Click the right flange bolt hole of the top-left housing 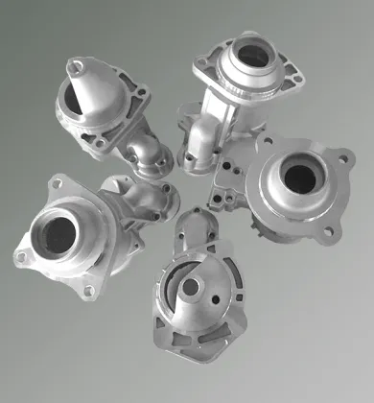[x=141, y=93]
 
